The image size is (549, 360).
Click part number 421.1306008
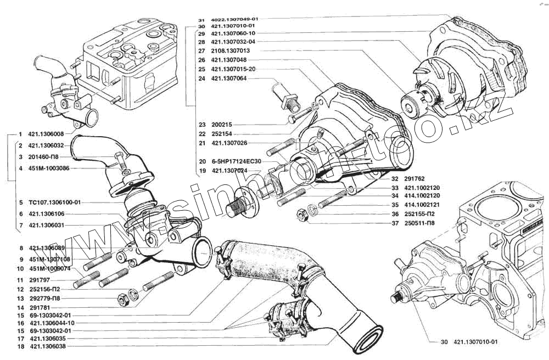click(x=46, y=134)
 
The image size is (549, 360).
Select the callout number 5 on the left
click(x=20, y=203)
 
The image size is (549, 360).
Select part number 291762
click(x=413, y=178)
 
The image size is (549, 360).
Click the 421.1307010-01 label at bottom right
click(x=475, y=342)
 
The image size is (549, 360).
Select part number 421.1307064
click(x=229, y=78)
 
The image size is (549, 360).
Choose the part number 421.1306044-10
click(x=52, y=323)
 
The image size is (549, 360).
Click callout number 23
click(x=201, y=125)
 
